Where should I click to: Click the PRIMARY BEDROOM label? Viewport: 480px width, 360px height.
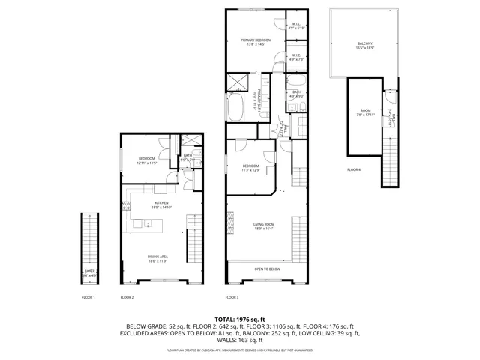[x=256, y=41]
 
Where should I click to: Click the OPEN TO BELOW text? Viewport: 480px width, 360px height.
[x=267, y=268]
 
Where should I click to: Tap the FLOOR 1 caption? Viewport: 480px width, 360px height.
[x=88, y=298]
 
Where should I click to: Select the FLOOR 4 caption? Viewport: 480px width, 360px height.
[x=354, y=170]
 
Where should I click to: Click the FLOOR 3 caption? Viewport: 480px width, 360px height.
[x=232, y=298]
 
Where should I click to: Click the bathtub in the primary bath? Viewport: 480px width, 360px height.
[x=235, y=107]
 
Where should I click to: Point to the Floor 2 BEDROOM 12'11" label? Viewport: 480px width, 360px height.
[x=146, y=160]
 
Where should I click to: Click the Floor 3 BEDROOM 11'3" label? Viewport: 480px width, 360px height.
[x=250, y=167]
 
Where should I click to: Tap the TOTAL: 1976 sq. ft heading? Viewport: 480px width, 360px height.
[x=239, y=319]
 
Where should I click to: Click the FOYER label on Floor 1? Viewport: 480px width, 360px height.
[x=89, y=273]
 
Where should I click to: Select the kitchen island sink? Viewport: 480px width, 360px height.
[x=147, y=223]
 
